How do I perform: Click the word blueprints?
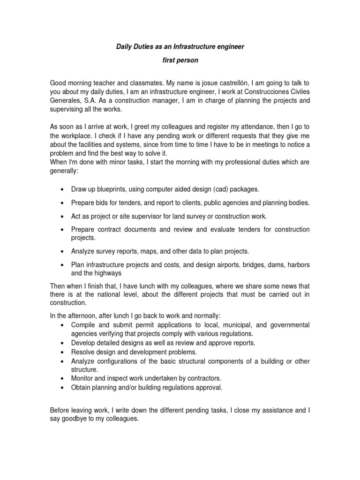pos(108,189)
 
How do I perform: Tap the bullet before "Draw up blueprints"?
pos(63,189)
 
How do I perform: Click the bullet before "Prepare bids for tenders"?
pos(63,203)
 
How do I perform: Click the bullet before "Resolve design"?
pos(63,352)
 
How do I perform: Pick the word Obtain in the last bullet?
pos(82,387)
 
